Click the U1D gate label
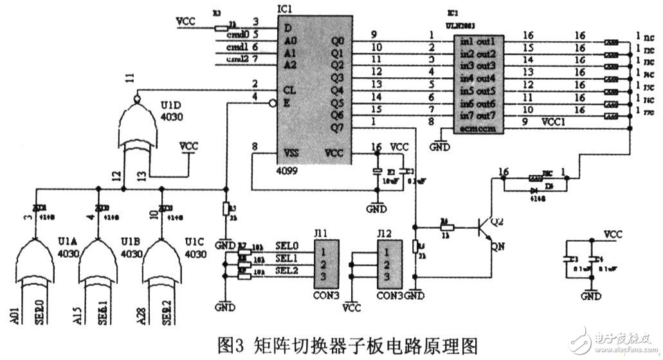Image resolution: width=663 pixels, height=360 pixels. click(x=171, y=104)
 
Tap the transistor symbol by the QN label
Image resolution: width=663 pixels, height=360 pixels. click(x=486, y=229)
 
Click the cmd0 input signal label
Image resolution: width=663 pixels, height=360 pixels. click(x=238, y=35)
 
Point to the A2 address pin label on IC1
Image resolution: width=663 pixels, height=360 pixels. click(x=291, y=64)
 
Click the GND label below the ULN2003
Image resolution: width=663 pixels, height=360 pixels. click(x=440, y=146)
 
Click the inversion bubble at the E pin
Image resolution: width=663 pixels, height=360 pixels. click(x=273, y=102)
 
